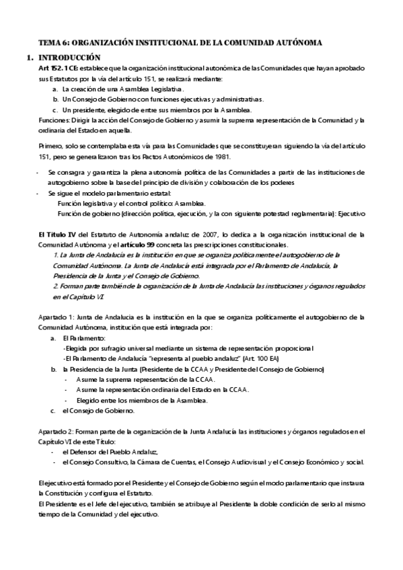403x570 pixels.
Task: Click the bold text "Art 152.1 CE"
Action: (x=59, y=69)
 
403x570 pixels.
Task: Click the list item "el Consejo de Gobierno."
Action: (x=98, y=410)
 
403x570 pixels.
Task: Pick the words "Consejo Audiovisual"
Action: (x=236, y=462)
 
